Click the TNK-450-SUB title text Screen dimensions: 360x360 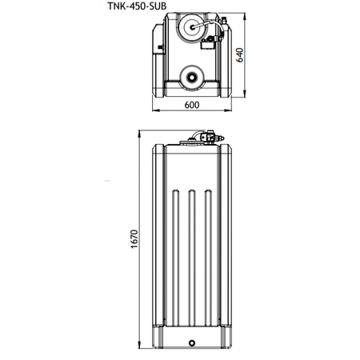pos(137,6)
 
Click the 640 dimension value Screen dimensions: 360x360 pos(240,55)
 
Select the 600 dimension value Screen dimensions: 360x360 pos(192,105)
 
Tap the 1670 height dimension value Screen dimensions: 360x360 pos(134,239)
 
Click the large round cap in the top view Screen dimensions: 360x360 pos(193,26)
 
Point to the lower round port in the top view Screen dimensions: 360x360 pos(192,77)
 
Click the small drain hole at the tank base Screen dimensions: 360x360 pos(192,343)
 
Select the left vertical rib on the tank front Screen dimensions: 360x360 pos(175,258)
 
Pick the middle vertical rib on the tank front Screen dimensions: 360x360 pos(192,258)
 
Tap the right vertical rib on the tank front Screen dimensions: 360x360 pos(208,258)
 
